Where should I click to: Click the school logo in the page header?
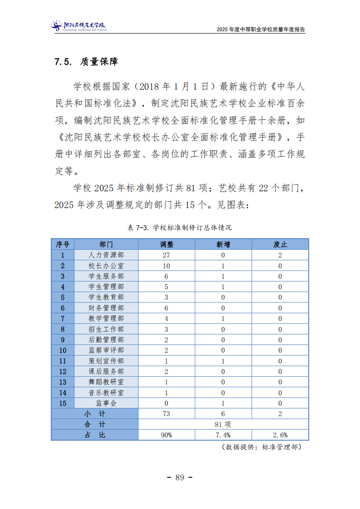(x=78, y=26)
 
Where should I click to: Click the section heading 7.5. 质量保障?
(x=86, y=62)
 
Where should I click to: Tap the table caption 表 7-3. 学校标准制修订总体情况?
(x=180, y=228)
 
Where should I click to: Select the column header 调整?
(x=166, y=244)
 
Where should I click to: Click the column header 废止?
(x=280, y=244)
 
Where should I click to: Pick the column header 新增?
(x=223, y=244)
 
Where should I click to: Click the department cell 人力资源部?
(x=106, y=255)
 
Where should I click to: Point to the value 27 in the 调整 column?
(x=166, y=255)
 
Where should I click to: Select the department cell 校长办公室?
(x=106, y=266)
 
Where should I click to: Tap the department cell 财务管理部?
(x=106, y=308)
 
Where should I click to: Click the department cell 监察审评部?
(x=106, y=350)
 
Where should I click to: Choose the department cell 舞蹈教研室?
(x=106, y=382)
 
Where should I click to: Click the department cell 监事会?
(x=106, y=403)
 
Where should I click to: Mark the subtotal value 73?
(x=166, y=414)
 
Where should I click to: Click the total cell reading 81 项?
(x=223, y=424)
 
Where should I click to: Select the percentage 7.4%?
(x=223, y=435)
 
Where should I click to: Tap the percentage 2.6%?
(x=280, y=435)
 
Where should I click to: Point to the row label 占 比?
(x=95, y=435)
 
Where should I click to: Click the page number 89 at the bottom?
(x=180, y=477)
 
